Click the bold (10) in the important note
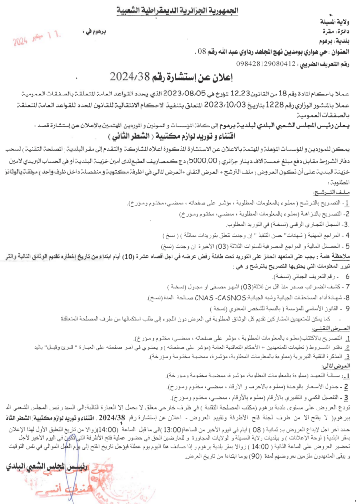128,257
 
